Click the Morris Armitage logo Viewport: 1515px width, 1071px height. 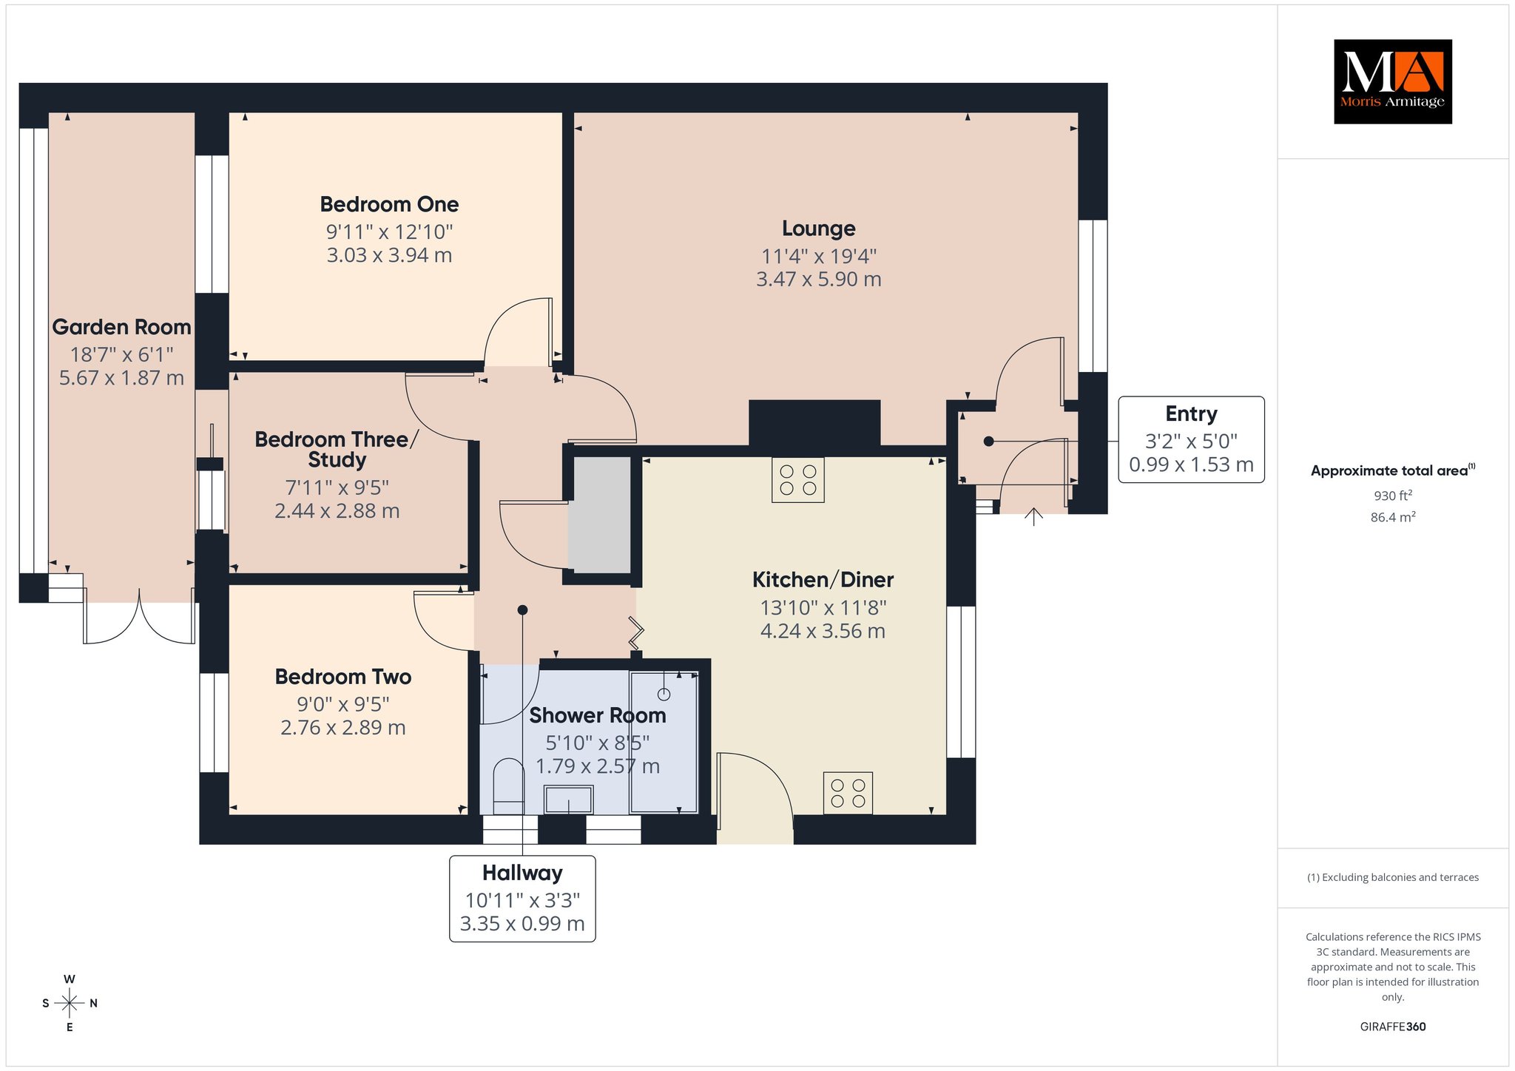coord(1392,81)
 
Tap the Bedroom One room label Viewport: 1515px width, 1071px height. coord(389,204)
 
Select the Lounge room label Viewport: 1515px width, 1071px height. coord(819,229)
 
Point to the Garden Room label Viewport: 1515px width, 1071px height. coord(121,327)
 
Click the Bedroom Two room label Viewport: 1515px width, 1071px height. coord(343,677)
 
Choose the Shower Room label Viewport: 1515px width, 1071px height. coord(598,715)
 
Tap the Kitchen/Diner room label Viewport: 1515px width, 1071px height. coord(823,580)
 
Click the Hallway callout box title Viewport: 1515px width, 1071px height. coord(522,874)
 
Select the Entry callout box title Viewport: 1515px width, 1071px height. coord(1191,414)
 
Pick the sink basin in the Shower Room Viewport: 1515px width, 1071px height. coord(569,800)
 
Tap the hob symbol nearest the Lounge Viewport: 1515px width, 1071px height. coord(797,479)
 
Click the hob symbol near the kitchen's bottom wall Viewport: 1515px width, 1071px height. coord(848,793)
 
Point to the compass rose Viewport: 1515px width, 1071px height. coord(70,1003)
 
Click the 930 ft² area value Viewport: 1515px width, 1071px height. coord(1393,496)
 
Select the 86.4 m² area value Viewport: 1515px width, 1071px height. coord(1393,517)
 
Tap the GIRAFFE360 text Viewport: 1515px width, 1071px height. coord(1393,1027)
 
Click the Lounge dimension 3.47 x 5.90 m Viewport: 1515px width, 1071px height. coord(819,280)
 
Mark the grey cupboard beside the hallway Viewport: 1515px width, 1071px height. coord(599,515)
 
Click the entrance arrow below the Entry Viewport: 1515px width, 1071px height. coord(1033,516)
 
